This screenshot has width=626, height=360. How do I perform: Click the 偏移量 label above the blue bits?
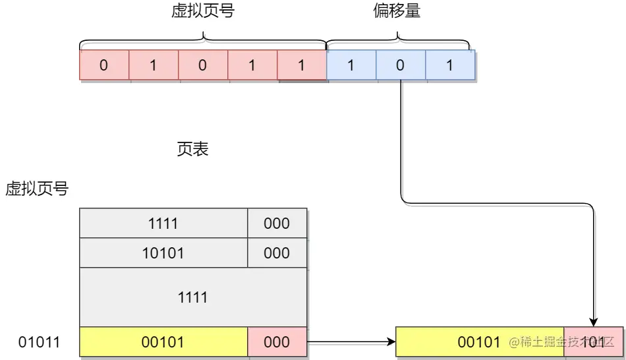coord(397,11)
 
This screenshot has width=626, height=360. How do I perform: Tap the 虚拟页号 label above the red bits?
coord(202,11)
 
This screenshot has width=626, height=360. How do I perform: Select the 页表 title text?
coord(192,150)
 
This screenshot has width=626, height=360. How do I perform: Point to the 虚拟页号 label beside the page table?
coord(37,189)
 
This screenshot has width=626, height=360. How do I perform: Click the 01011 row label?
coord(39,342)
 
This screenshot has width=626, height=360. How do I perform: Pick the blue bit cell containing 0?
coord(401,65)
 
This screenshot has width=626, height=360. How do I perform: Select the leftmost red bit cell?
coord(104,65)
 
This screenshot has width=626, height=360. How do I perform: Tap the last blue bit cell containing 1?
coord(450,65)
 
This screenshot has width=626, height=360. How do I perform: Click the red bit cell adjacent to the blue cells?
coord(302,65)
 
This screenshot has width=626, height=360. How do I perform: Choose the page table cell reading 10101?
coord(163,253)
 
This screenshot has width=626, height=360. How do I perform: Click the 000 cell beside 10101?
coord(277,253)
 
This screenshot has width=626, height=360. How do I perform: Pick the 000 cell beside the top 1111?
coord(277,224)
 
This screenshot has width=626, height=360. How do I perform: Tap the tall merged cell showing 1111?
coord(192,297)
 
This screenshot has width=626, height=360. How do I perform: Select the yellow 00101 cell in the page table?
coord(163,342)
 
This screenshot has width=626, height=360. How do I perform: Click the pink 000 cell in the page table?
coord(277,342)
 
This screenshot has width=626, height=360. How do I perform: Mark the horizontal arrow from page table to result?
coord(349,343)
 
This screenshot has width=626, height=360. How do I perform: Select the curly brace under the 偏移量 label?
coord(399,44)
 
